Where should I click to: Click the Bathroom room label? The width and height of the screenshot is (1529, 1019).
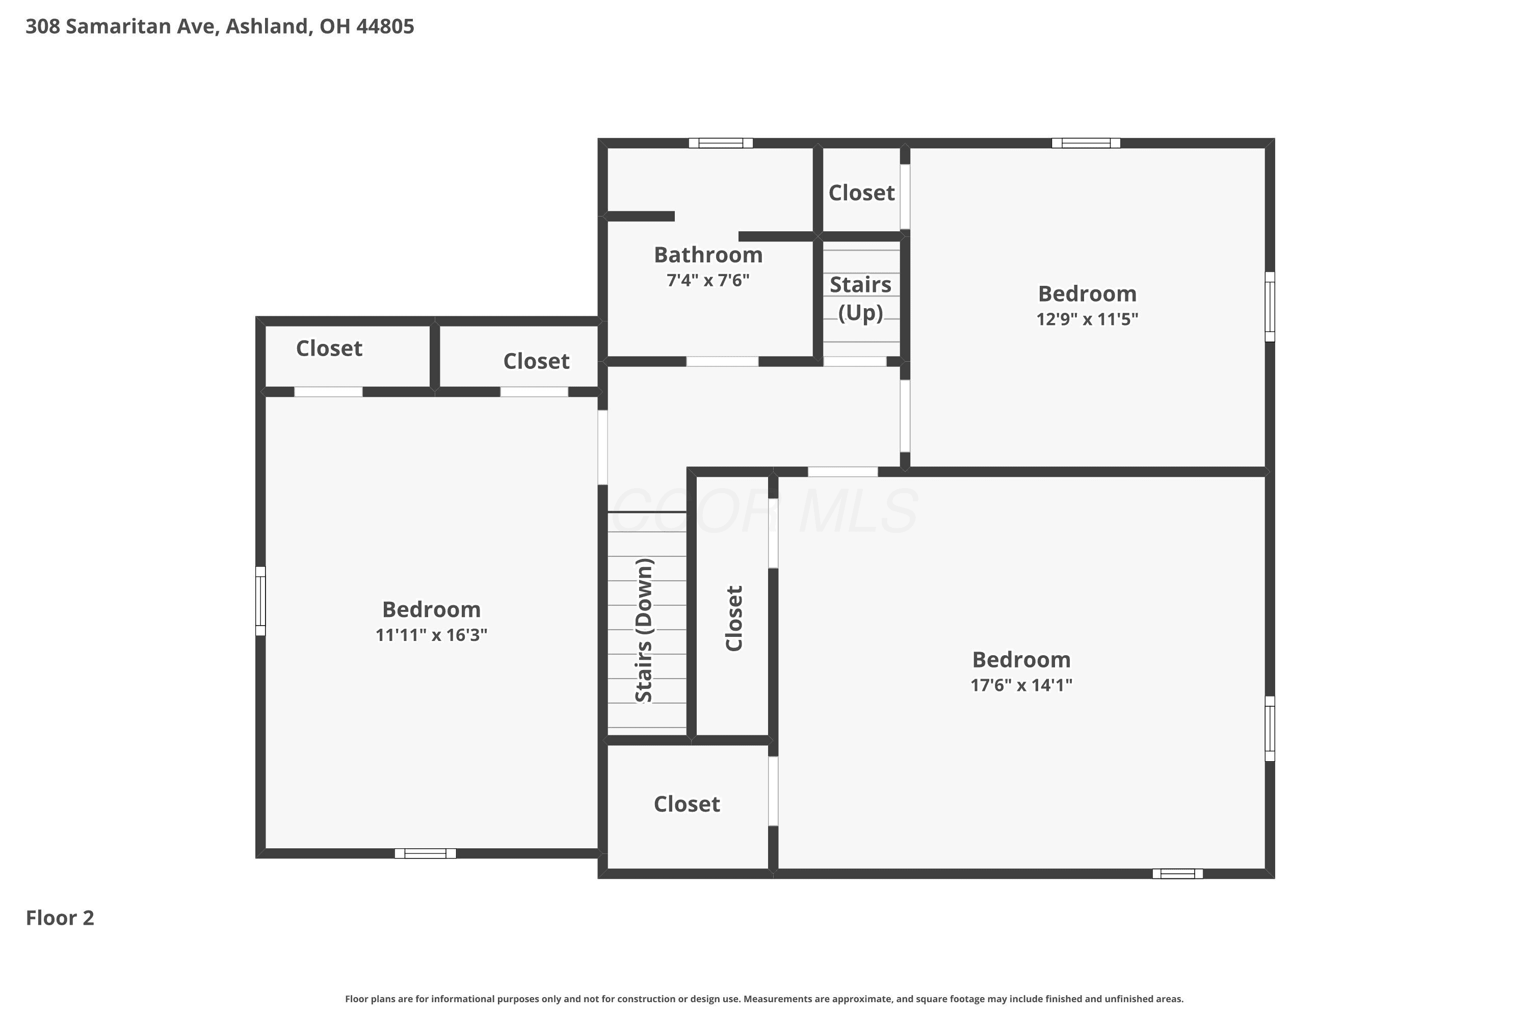point(708,255)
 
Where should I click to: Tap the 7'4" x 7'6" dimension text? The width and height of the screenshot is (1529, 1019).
point(708,280)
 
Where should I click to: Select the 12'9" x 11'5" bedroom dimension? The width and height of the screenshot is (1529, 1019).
point(1087,319)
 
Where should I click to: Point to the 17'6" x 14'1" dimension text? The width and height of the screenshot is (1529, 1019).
point(1021,685)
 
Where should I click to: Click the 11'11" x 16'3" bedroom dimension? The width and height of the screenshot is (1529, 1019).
point(431,635)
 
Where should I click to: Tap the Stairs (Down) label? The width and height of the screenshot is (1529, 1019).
point(644,630)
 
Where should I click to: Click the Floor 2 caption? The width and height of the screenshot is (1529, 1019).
point(60,918)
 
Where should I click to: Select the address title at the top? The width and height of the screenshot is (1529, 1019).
point(220,26)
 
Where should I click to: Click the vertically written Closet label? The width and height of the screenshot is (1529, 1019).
point(733,618)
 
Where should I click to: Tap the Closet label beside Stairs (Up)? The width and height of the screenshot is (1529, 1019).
point(861,193)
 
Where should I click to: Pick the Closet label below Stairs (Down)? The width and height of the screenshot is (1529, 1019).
point(687,804)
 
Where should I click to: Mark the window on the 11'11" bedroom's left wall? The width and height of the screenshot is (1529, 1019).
point(260,601)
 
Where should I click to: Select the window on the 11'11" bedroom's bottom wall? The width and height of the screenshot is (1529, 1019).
point(425,853)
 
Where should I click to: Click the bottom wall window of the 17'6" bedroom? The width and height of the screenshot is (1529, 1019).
point(1177,873)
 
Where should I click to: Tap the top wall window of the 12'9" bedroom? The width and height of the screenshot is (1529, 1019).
point(1086,143)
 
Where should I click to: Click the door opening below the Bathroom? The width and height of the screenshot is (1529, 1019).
point(722,361)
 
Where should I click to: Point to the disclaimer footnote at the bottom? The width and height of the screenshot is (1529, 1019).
point(765,999)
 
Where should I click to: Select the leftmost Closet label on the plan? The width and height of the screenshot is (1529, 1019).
point(329,348)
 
